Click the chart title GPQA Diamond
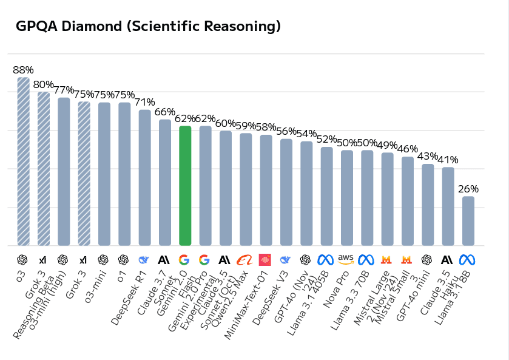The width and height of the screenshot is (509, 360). click(x=148, y=27)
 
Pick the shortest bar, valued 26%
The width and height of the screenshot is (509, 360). click(x=468, y=221)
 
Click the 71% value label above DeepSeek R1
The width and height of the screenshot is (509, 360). click(x=145, y=102)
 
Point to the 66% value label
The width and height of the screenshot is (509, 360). click(x=165, y=112)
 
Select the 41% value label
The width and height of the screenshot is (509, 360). click(x=448, y=160)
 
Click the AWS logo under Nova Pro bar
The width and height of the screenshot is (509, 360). click(x=346, y=259)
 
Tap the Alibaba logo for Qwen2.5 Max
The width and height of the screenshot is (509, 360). click(x=245, y=259)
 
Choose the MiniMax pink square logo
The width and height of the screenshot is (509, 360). click(x=266, y=259)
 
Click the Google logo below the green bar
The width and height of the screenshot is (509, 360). click(x=184, y=259)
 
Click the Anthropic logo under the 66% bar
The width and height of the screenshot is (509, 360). click(x=164, y=259)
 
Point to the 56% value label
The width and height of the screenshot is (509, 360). click(x=286, y=131)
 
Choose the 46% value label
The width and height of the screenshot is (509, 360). click(x=408, y=149)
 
